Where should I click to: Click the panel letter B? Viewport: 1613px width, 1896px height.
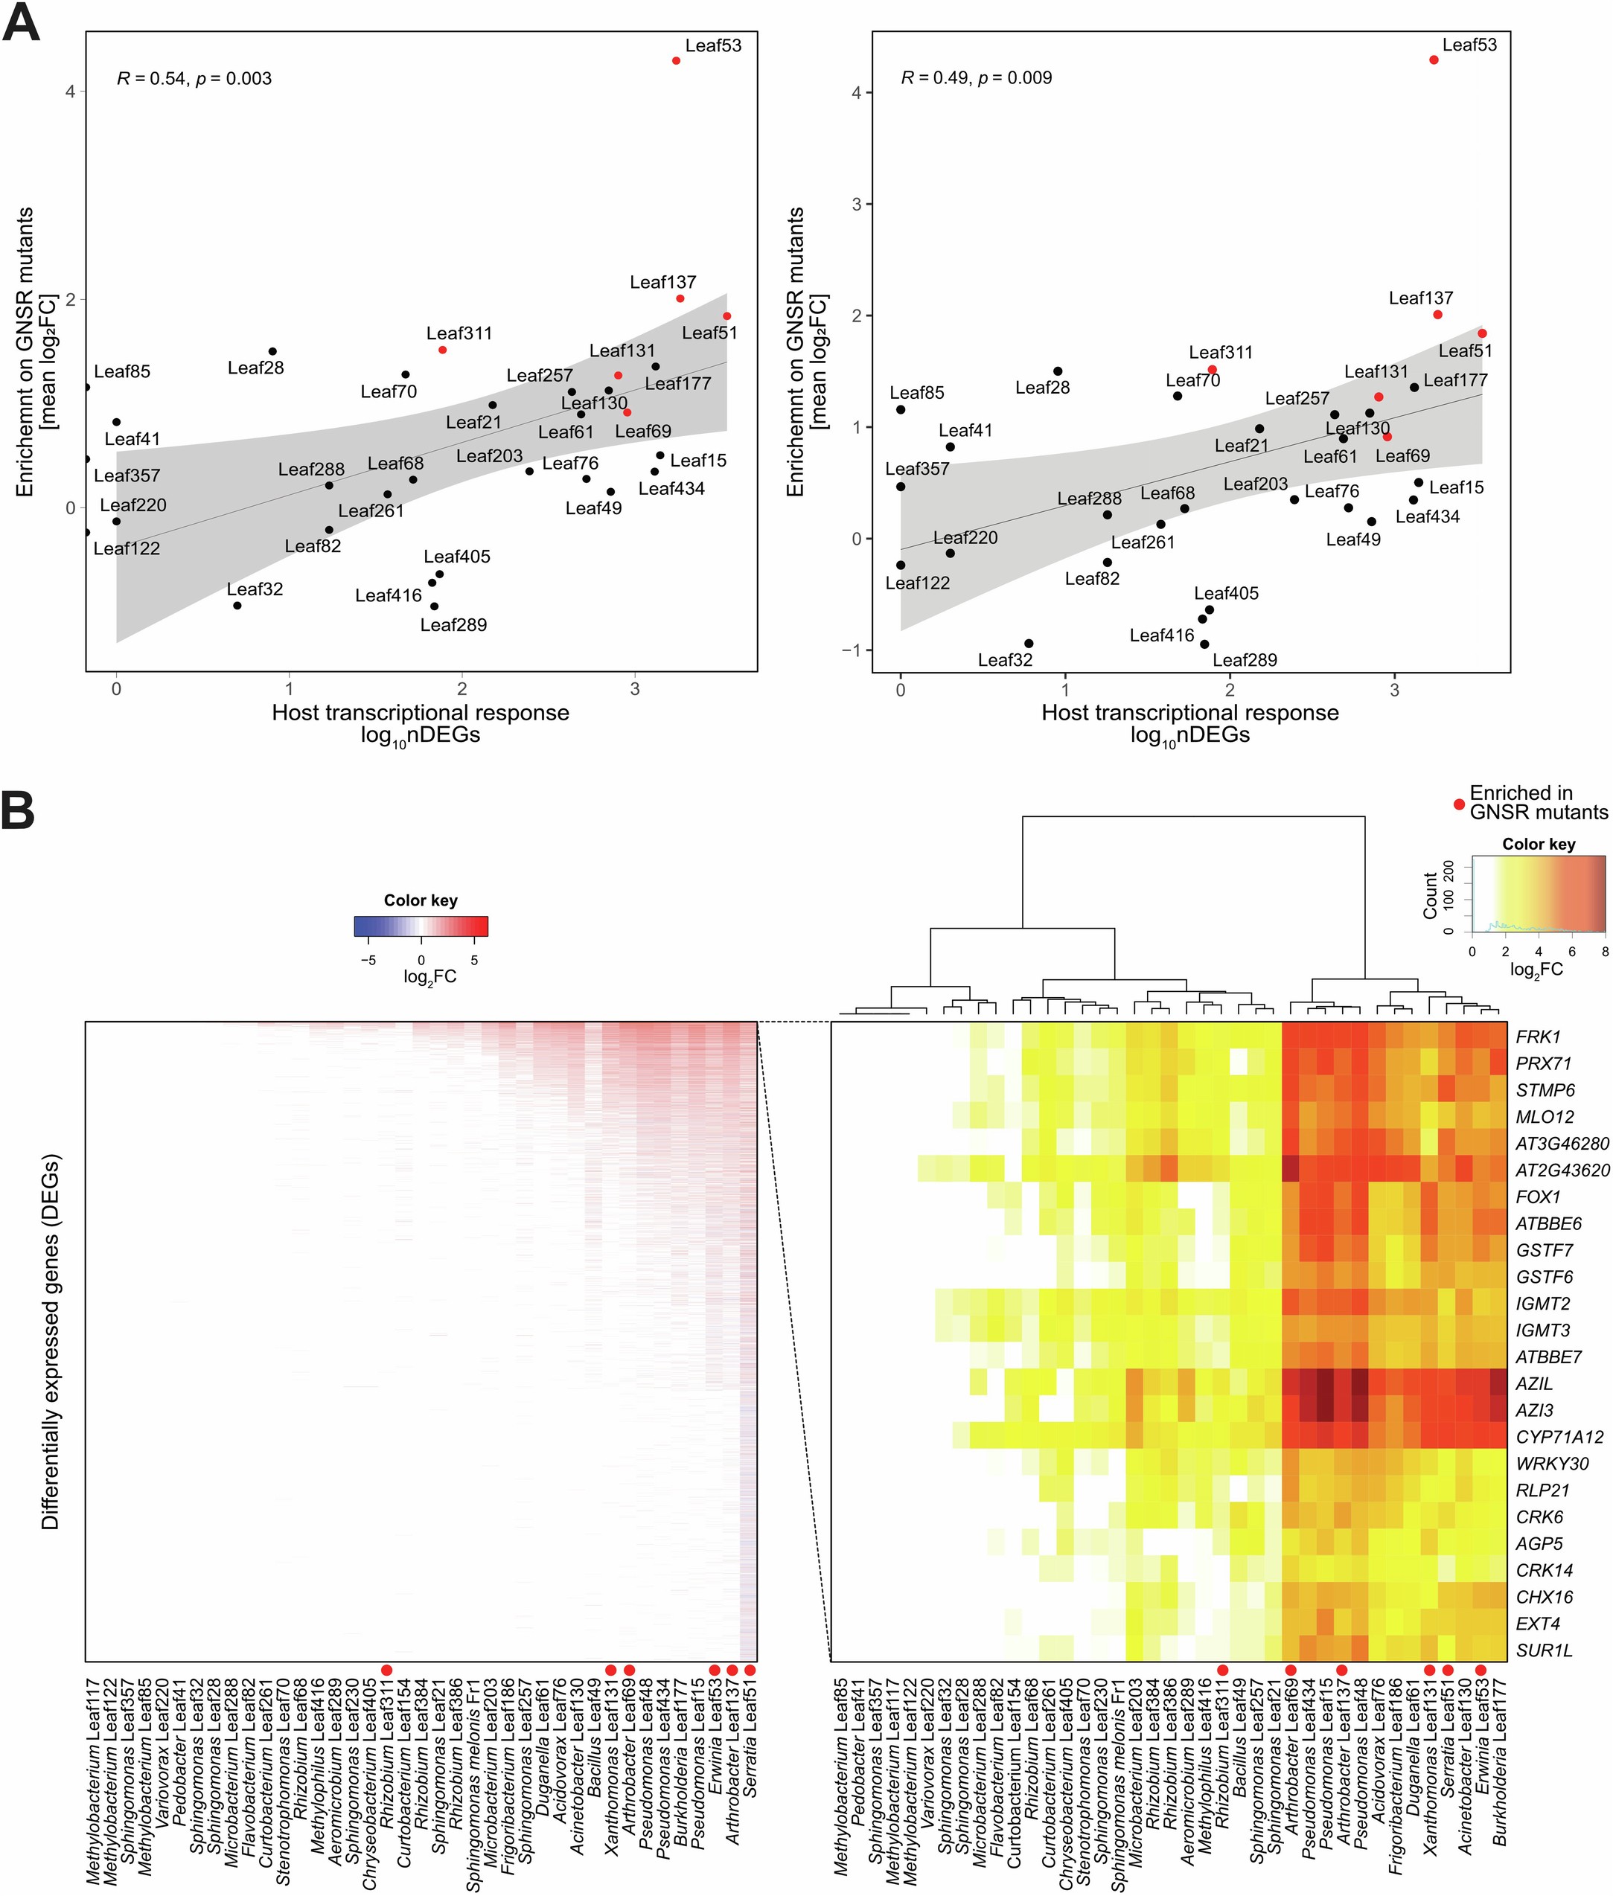point(19,809)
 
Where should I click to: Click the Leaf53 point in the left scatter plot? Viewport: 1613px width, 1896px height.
point(676,60)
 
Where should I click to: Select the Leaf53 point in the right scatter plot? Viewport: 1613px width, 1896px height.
point(1434,60)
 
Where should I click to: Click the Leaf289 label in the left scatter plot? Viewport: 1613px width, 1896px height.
point(453,625)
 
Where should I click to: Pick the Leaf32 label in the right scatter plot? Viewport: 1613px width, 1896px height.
point(1005,660)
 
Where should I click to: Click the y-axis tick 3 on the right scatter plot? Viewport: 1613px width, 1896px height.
point(857,204)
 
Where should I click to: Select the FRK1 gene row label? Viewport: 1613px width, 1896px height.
point(1538,1037)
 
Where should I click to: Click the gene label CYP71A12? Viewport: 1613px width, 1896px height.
point(1559,1437)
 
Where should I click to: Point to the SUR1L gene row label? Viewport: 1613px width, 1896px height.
point(1544,1650)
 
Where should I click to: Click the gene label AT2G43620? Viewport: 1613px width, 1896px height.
point(1562,1170)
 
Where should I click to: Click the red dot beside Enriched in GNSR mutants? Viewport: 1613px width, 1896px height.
point(1460,804)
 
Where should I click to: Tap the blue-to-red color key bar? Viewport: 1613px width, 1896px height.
point(421,926)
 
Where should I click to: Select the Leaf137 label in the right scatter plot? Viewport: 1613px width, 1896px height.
point(1420,298)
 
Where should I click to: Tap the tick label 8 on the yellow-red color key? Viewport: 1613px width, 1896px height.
point(1605,951)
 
